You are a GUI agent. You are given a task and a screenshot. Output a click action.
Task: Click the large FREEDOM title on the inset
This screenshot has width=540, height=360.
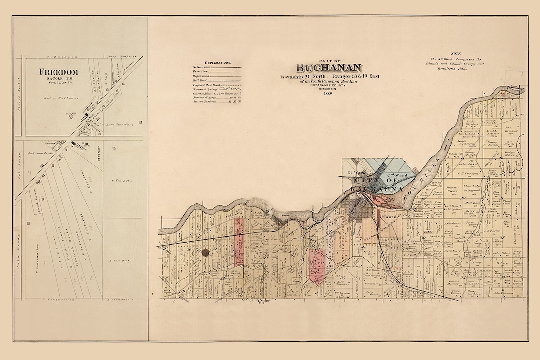59,72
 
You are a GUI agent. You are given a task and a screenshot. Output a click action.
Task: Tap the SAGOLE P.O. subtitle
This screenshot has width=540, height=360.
59,78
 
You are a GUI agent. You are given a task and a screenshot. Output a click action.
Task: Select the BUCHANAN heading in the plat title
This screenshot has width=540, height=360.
329,68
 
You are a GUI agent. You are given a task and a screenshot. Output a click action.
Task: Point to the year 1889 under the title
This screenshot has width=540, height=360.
328,93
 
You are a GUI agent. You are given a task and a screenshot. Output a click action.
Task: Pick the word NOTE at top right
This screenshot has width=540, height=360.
455,53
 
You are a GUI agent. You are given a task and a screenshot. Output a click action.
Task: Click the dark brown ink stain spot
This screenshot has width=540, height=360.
205,254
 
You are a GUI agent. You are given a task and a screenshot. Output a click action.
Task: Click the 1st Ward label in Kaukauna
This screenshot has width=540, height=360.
354,172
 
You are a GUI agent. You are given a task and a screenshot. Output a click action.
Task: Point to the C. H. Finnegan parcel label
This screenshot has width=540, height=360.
468,173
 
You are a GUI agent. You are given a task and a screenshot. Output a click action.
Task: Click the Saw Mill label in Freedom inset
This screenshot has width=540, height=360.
77,114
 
